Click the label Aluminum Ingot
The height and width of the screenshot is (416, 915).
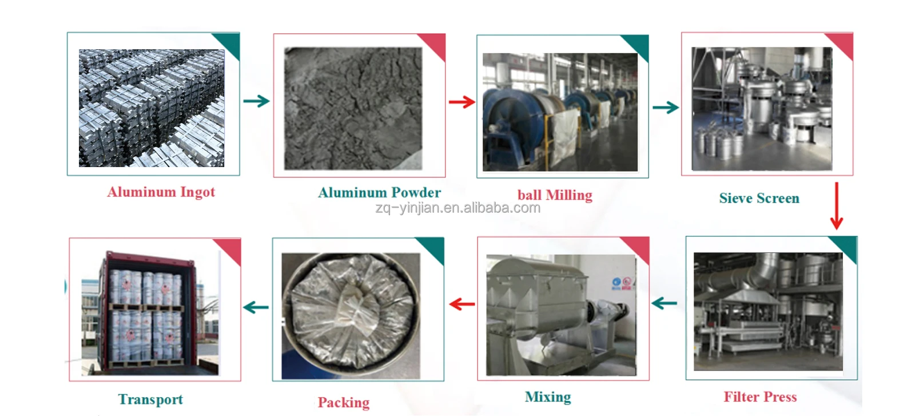(161, 192)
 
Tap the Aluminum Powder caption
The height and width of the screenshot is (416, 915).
(379, 193)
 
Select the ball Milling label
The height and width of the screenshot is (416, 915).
(555, 195)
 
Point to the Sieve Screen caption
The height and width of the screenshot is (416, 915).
(759, 199)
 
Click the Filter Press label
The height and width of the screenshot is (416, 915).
(760, 397)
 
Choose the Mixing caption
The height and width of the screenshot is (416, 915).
(548, 397)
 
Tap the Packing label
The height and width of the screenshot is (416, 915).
(343, 403)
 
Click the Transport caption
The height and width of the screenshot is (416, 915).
(150, 399)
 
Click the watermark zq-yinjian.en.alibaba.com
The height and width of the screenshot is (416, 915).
(457, 208)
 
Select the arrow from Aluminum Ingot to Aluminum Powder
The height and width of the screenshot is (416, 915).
(256, 101)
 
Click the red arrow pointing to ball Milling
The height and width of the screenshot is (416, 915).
(462, 102)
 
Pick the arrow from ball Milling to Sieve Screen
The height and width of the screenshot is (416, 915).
(665, 108)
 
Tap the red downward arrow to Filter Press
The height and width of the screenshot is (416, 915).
(836, 206)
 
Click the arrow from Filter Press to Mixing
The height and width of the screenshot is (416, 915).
(665, 303)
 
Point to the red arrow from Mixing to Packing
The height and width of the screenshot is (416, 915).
(462, 304)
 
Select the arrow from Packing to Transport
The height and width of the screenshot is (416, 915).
(256, 307)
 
